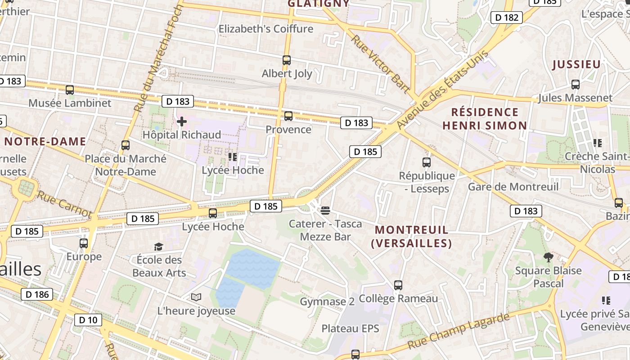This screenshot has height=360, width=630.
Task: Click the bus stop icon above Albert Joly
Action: pyautogui.click(x=287, y=60)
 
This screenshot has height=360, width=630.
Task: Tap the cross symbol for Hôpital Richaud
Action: pyautogui.click(x=182, y=121)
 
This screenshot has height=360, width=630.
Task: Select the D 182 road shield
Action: pyautogui.click(x=506, y=18)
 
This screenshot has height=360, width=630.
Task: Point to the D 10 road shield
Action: pyautogui.click(x=88, y=320)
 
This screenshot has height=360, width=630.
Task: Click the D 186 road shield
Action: pyautogui.click(x=37, y=295)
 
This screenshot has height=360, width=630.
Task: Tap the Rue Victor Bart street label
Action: pyautogui.click(x=381, y=64)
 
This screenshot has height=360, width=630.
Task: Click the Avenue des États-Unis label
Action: pyautogui.click(x=442, y=89)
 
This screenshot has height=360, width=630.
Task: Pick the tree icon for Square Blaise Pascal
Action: pyautogui.click(x=548, y=257)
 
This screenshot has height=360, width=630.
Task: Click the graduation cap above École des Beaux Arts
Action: pyautogui.click(x=158, y=247)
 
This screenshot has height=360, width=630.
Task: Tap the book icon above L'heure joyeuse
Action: pyautogui.click(x=196, y=297)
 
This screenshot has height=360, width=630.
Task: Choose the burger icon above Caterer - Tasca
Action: pyautogui.click(x=326, y=210)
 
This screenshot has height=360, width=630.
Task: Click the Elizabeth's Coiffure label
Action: pyautogui.click(x=266, y=29)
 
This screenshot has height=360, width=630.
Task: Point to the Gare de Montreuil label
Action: pyautogui.click(x=513, y=187)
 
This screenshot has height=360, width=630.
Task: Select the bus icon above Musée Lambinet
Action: pyautogui.click(x=70, y=90)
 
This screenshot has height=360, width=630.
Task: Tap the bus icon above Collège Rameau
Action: pyautogui.click(x=398, y=285)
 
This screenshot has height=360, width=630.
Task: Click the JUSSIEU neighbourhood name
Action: pyautogui.click(x=576, y=64)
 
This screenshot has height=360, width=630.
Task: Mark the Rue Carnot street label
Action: pyautogui.click(x=64, y=204)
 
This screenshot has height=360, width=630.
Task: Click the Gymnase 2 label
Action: pyautogui.click(x=327, y=302)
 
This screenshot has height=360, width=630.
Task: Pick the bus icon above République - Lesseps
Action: pyautogui.click(x=426, y=162)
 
